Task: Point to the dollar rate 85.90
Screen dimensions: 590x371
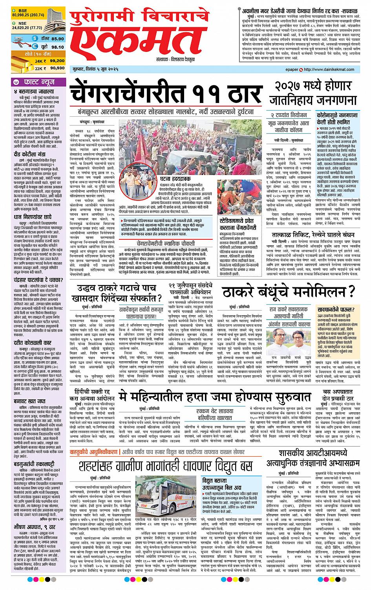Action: (57, 39)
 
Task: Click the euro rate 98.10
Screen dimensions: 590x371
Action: (57, 46)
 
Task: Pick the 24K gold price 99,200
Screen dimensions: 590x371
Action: (57, 61)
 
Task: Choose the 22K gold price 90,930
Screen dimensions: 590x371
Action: (57, 68)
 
